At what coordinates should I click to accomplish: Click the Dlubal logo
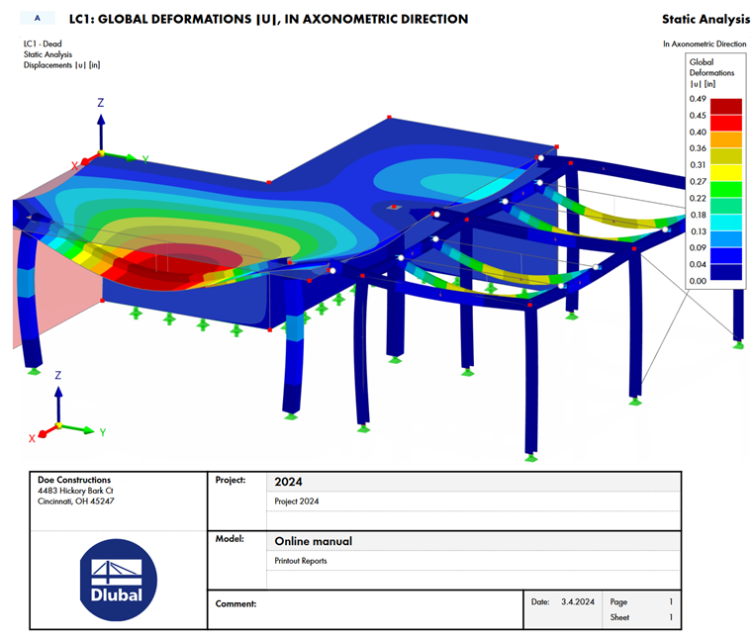118,580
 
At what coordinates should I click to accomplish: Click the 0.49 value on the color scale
698,99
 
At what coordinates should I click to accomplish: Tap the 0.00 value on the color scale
698,281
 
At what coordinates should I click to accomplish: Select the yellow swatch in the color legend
725,172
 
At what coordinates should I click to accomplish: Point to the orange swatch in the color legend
725,139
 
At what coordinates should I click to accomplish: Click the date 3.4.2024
578,601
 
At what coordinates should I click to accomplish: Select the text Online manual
314,541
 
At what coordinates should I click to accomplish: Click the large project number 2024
288,482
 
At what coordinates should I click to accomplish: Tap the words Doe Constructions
74,480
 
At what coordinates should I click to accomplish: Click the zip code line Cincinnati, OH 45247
76,501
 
